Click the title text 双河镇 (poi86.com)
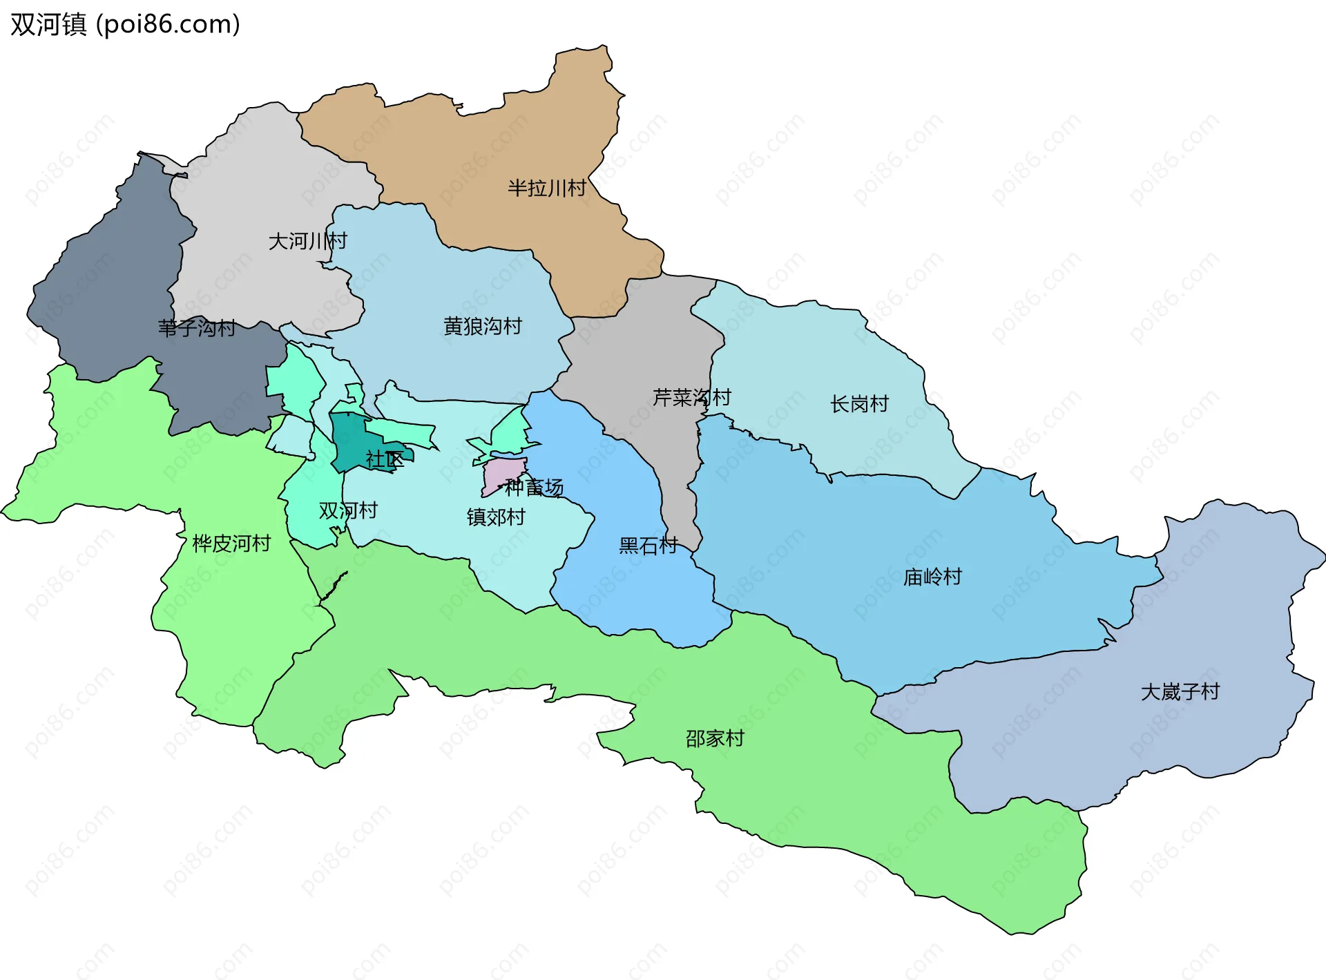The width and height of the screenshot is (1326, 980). (125, 24)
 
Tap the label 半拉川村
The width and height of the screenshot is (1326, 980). (546, 188)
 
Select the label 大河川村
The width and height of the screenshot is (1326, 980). (307, 241)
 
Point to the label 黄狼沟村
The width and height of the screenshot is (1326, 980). (482, 326)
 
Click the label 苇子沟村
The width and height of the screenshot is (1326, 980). (197, 327)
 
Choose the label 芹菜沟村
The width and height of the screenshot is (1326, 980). (691, 397)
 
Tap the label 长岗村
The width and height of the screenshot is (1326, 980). (858, 404)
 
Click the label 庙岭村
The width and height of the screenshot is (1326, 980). (932, 577)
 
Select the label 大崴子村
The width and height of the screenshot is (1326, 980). (1180, 691)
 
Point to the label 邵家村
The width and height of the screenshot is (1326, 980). (715, 738)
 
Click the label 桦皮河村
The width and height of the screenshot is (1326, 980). (231, 544)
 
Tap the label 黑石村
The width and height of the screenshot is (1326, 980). (648, 546)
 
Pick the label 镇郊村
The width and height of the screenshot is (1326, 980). (496, 517)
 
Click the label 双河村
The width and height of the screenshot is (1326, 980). (348, 510)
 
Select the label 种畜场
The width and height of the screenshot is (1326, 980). (534, 488)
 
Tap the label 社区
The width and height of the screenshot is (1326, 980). (385, 459)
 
